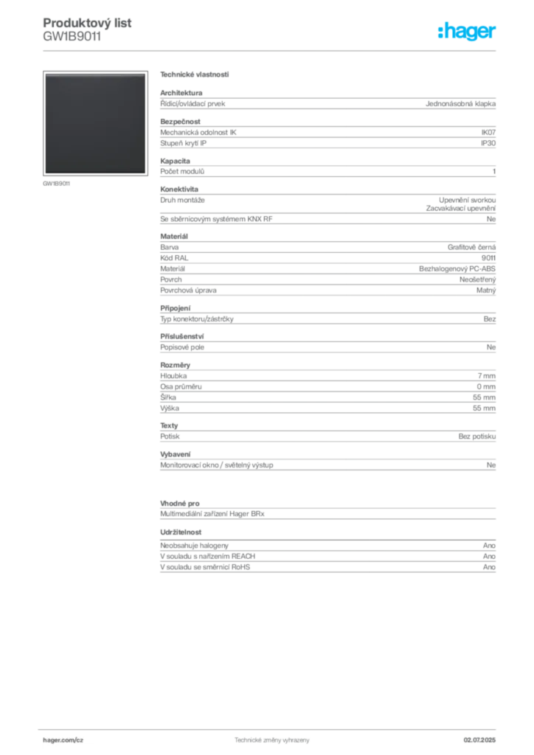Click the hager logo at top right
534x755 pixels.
coord(467,32)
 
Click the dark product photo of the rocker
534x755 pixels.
coord(95,123)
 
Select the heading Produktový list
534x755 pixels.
coord(87,23)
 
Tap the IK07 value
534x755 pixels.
coord(488,133)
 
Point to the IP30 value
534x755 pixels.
coord(488,143)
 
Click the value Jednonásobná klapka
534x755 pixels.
coord(460,103)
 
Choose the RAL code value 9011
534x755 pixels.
coord(488,258)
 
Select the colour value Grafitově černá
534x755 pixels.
coord(471,247)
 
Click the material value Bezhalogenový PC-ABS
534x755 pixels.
coord(457,268)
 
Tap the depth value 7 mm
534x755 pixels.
coord(486,375)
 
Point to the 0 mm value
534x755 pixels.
coord(486,386)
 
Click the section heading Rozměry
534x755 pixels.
coord(176,365)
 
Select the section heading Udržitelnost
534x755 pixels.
coord(181,532)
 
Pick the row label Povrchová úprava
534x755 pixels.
coord(188,290)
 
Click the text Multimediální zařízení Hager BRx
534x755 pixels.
coord(212,514)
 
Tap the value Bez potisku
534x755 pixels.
coord(476,436)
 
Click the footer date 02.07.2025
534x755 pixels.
coord(479,740)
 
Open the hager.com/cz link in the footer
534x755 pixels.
coord(63,740)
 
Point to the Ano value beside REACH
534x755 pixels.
coord(489,556)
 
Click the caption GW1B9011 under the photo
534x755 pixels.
coord(56,184)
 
